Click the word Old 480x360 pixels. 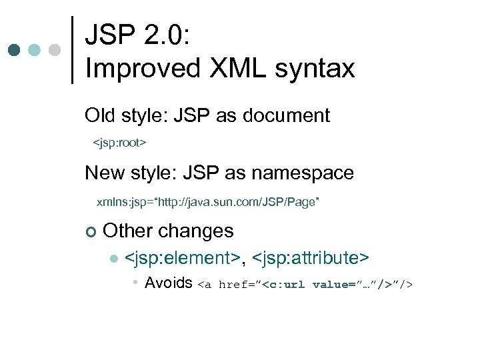click(x=99, y=115)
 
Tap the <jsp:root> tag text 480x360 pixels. click(x=119, y=143)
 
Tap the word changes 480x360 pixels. click(x=197, y=231)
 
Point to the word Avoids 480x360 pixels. click(x=169, y=283)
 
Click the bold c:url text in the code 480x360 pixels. click(x=286, y=285)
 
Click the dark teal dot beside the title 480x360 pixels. click(x=15, y=50)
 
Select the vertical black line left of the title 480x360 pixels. click(x=73, y=50)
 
